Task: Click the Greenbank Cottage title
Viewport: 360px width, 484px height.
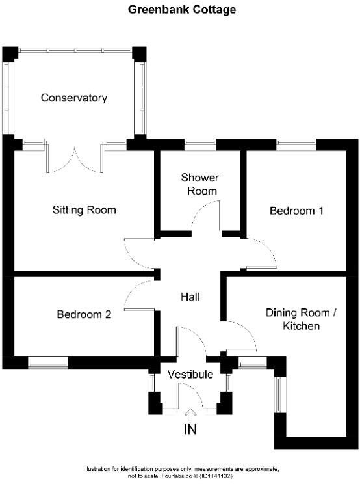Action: click(x=182, y=10)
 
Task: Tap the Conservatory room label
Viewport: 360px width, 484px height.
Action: click(x=74, y=98)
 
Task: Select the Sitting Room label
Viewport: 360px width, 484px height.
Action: click(x=84, y=210)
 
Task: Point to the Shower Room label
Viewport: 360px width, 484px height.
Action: click(x=200, y=184)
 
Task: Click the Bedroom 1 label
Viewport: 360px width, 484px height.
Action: click(x=296, y=211)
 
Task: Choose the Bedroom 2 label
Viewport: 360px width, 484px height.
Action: click(x=84, y=314)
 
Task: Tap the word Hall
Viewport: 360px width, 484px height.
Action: click(x=190, y=297)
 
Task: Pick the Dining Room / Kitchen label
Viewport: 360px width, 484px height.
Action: click(x=301, y=319)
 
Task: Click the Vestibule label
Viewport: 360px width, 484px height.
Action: click(x=190, y=375)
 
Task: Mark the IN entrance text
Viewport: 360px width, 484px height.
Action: click(x=190, y=429)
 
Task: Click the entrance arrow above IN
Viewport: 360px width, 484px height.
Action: click(x=190, y=412)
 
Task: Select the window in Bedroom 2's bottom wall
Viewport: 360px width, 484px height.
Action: click(x=48, y=363)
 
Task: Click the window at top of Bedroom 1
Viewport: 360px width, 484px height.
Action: click(x=296, y=144)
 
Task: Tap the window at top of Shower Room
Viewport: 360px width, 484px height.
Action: click(x=201, y=144)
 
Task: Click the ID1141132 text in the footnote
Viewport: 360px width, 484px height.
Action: click(x=216, y=476)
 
